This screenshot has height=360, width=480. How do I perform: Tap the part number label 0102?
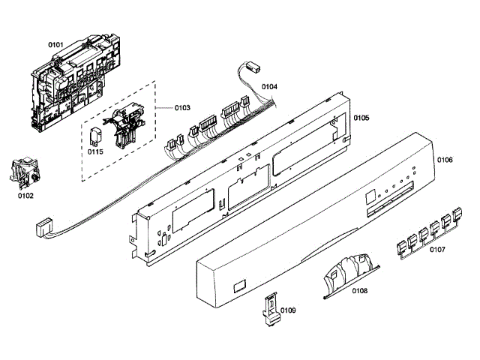25,196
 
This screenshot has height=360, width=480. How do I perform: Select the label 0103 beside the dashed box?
181,108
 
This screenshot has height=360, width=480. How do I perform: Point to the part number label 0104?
269,87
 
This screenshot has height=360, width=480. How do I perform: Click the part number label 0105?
361,118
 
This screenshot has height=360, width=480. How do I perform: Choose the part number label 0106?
445,160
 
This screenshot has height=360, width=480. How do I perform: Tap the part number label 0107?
438,250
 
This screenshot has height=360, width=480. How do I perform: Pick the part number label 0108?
359,290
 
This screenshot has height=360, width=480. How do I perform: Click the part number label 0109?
288,310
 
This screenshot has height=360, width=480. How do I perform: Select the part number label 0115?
95,151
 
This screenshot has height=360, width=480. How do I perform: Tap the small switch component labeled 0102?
23,172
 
